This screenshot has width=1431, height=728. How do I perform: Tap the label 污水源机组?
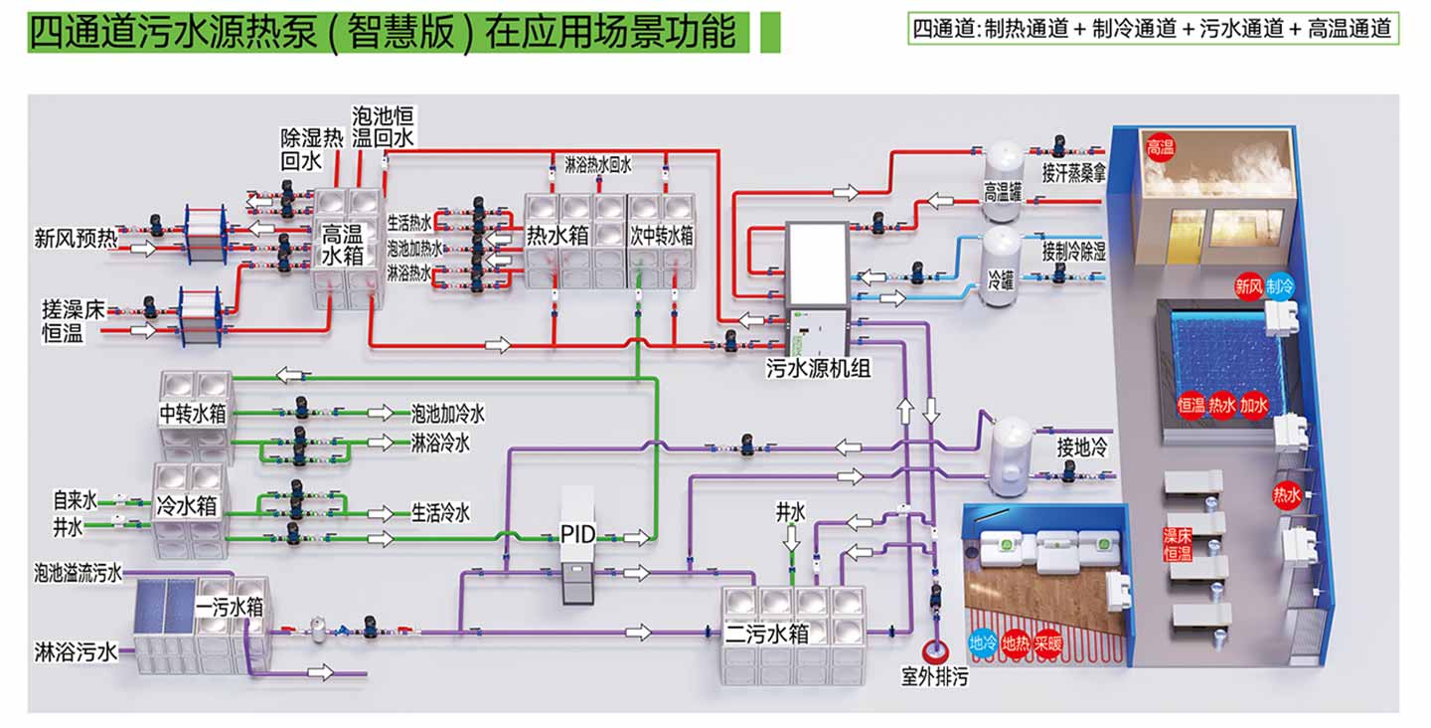(818, 369)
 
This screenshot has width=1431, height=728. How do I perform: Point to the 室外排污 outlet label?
(934, 678)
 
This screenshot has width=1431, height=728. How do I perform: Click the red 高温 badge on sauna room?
(1160, 146)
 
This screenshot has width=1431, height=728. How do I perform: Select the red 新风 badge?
(1249, 286)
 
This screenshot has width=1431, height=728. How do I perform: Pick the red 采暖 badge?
(1047, 643)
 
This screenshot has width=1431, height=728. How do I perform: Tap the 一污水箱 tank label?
(229, 606)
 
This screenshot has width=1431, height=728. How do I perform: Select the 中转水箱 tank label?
(193, 412)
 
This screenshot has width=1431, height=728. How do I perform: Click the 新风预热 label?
(75, 239)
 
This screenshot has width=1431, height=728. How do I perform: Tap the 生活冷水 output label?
(440, 513)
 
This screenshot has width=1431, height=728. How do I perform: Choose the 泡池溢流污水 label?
(78, 573)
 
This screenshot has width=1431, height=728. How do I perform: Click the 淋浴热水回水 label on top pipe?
(597, 165)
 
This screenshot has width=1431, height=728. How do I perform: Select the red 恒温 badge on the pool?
(1192, 406)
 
